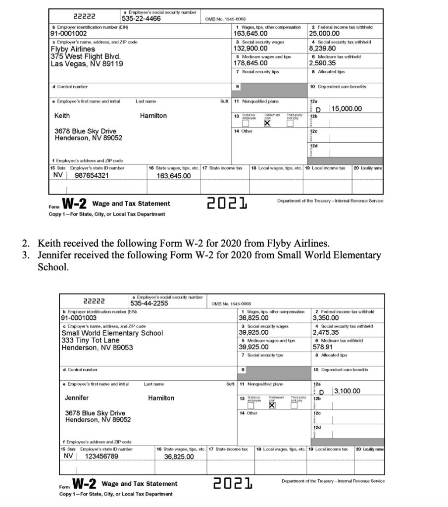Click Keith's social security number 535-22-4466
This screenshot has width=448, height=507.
tap(142, 19)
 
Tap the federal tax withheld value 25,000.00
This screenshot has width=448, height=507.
tap(324, 34)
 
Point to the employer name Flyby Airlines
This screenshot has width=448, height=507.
tap(73, 49)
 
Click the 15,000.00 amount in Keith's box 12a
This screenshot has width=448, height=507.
tap(347, 109)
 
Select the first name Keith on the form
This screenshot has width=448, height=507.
tap(62, 115)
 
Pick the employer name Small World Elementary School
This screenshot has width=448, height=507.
tap(112, 333)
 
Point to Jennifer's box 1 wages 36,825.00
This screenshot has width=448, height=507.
tap(253, 318)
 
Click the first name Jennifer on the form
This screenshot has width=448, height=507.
tap(77, 398)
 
